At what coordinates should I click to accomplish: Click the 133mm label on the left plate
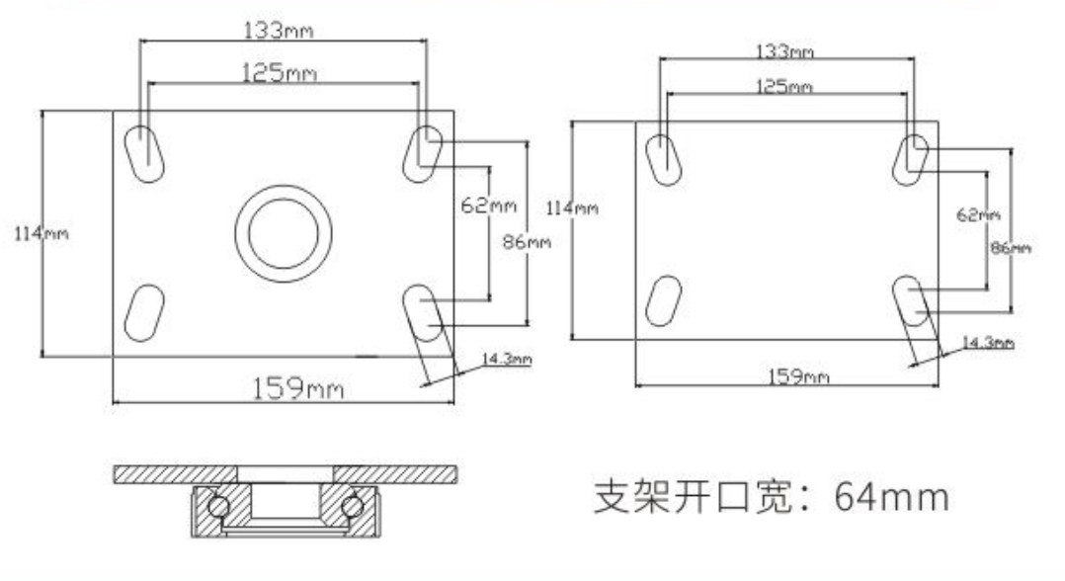(279, 30)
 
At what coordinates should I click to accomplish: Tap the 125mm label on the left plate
(280, 73)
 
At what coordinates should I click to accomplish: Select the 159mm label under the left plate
(298, 388)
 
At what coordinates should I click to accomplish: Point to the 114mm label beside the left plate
(41, 234)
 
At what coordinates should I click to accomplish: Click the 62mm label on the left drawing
(488, 206)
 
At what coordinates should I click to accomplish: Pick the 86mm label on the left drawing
(527, 241)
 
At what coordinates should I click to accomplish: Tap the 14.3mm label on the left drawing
(507, 358)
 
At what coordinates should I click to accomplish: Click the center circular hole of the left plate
(284, 233)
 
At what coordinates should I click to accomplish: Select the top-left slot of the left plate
(144, 154)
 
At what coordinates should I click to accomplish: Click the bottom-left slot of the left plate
(144, 313)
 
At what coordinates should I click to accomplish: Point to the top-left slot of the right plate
(663, 160)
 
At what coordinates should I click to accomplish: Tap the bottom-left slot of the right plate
(663, 301)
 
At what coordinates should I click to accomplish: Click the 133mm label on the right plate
(785, 51)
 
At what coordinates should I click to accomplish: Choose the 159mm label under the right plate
(798, 375)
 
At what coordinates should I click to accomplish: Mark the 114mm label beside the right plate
(573, 207)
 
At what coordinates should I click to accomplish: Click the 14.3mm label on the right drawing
(988, 342)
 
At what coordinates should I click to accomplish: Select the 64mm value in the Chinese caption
(891, 497)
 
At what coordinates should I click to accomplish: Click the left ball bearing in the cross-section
(218, 507)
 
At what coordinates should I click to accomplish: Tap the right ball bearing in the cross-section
(352, 506)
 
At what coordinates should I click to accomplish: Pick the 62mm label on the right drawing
(978, 214)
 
